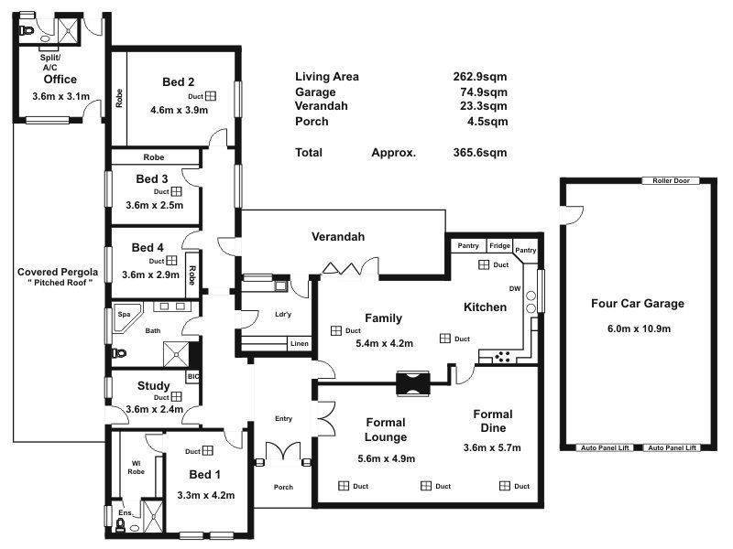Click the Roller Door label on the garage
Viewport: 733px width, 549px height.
click(x=671, y=180)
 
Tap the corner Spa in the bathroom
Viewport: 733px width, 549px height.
click(x=126, y=318)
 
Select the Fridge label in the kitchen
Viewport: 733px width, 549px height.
click(x=499, y=245)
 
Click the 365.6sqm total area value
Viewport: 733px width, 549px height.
click(x=480, y=153)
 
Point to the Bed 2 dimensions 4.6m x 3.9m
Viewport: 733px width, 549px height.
click(x=179, y=110)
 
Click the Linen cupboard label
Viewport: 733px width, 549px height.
click(x=300, y=344)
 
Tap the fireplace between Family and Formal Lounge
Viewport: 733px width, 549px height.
click(x=413, y=383)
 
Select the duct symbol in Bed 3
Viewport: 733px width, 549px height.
click(x=176, y=191)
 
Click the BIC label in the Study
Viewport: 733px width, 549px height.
click(x=193, y=376)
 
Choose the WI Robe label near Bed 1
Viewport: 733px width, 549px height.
click(x=136, y=468)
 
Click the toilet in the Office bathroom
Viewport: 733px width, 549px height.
click(x=27, y=31)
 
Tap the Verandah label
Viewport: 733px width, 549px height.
click(x=338, y=237)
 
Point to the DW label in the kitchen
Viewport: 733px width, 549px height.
click(x=515, y=288)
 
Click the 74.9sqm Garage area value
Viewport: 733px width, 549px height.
click(x=484, y=92)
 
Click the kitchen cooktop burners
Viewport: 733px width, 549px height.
click(x=502, y=357)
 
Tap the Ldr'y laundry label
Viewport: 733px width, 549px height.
click(x=283, y=314)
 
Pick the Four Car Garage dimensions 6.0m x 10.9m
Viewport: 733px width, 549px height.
click(x=639, y=328)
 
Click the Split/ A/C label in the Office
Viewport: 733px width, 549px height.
click(x=50, y=62)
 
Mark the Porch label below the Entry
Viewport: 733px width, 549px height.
click(x=283, y=487)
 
